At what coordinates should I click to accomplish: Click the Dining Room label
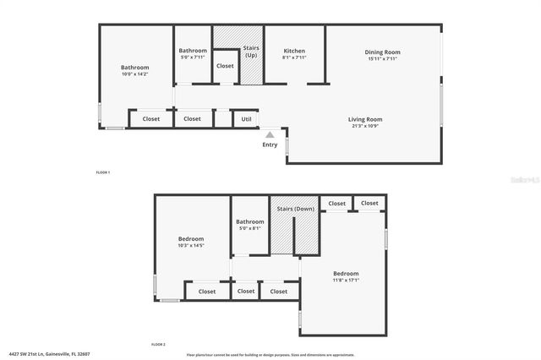383,52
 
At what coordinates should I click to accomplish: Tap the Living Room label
365,119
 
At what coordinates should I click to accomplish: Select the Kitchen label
294,52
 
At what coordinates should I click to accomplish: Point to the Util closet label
246,119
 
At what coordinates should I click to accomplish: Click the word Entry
270,145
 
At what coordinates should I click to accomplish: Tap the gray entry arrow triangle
270,133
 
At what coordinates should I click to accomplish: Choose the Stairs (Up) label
251,52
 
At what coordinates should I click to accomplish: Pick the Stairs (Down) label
294,208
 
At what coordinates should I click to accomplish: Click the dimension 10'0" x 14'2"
134,74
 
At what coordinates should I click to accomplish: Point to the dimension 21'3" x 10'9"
365,126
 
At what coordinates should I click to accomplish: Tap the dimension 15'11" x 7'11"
383,59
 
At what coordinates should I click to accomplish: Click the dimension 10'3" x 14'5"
191,246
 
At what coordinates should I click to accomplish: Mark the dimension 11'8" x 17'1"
346,281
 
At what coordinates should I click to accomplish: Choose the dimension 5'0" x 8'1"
249,228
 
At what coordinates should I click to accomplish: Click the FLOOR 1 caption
103,172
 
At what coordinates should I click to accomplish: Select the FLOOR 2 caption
158,345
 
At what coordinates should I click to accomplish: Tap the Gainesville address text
49,354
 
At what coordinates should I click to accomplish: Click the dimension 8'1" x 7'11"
294,58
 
